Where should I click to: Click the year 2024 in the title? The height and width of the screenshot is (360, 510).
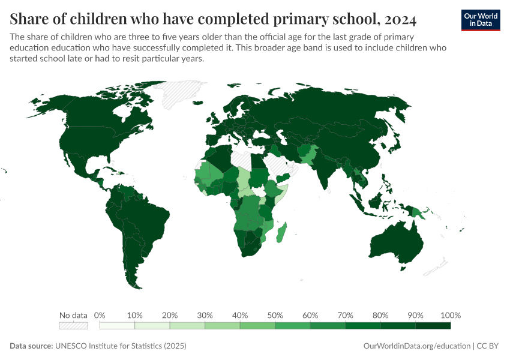point(398,19)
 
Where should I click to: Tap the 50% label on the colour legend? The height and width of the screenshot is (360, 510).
point(275,315)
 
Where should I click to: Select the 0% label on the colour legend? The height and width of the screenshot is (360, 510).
point(100,315)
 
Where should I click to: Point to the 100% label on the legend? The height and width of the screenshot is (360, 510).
point(450,315)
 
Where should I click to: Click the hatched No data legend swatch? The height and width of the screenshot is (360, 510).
point(73,326)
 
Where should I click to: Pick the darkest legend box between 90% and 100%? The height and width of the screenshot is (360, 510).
point(433,326)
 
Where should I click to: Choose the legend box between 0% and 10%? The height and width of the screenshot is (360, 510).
point(117,326)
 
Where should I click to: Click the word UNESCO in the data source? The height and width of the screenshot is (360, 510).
point(71,346)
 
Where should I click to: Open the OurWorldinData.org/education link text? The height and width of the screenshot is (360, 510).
point(417,346)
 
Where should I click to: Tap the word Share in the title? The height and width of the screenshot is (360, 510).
point(29,19)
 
